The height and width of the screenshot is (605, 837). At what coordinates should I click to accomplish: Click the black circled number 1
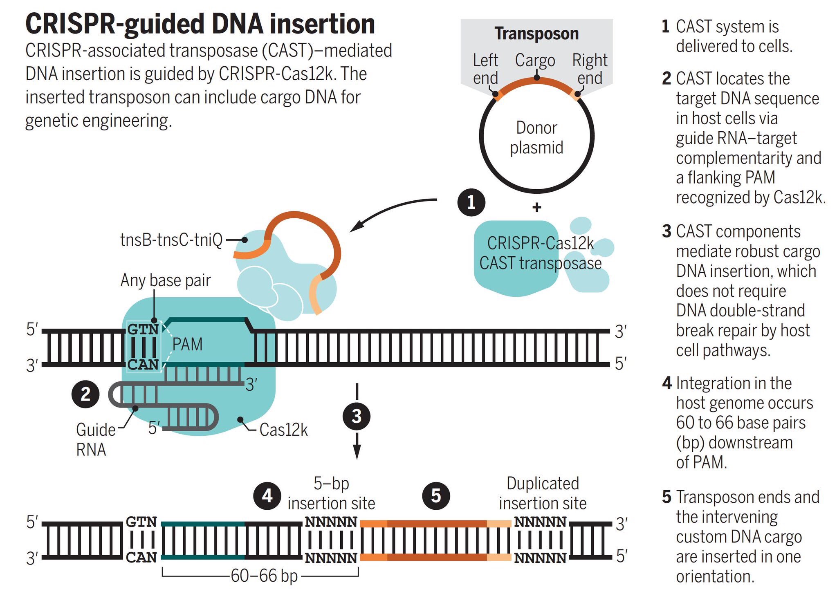[471, 202]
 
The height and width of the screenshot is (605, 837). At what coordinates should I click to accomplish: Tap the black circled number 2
[85, 394]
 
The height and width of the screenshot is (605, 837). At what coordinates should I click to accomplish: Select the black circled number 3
[357, 417]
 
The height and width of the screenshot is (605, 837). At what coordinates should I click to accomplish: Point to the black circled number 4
[267, 496]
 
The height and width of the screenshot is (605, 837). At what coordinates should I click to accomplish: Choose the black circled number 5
[436, 496]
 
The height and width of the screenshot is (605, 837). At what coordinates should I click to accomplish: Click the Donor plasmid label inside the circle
[536, 138]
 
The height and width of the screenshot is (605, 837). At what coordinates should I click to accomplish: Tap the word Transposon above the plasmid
[536, 34]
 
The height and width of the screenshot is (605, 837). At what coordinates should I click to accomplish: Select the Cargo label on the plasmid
[535, 60]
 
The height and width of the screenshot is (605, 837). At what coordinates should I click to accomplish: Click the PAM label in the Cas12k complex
[187, 344]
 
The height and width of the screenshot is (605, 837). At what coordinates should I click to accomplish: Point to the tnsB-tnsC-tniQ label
[171, 240]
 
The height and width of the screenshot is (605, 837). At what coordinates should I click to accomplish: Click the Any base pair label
[166, 280]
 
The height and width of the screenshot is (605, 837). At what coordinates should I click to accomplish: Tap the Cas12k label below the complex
[283, 430]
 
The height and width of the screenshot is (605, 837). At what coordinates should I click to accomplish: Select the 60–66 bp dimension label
[264, 576]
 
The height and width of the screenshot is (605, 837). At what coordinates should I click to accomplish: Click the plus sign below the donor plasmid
[537, 207]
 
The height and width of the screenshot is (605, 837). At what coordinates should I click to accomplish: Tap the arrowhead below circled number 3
[357, 452]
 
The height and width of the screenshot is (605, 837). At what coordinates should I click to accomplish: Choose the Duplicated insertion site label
[543, 493]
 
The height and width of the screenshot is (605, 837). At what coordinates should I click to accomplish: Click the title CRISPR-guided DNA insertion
[200, 24]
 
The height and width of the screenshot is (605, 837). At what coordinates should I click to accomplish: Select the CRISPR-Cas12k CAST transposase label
[540, 253]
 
